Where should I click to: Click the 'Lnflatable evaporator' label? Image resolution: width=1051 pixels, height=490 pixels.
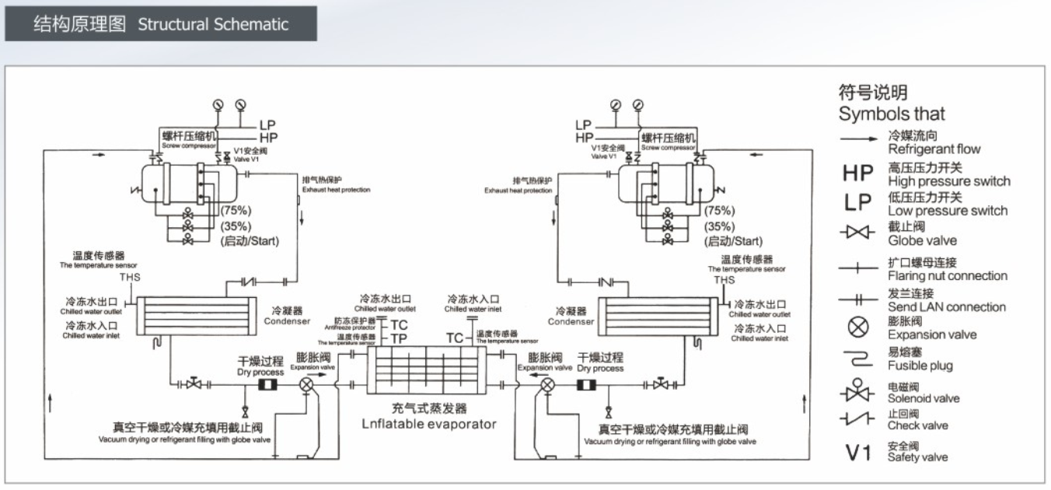[428, 424]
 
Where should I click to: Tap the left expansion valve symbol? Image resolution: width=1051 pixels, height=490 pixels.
[306, 384]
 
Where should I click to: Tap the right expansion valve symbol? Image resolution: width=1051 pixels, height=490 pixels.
[548, 384]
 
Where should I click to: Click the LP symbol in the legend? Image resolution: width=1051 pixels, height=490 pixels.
[858, 202]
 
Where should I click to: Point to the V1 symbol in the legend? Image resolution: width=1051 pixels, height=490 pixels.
[858, 452]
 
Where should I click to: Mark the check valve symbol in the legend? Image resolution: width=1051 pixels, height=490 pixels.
[857, 420]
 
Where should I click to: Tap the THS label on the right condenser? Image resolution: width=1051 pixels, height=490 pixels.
[724, 280]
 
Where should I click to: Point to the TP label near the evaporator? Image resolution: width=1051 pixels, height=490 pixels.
[398, 338]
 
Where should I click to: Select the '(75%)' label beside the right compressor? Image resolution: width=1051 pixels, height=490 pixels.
[719, 211]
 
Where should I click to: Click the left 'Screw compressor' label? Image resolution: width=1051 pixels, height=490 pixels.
[187, 146]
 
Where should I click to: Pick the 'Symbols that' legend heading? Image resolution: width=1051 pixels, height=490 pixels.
[892, 114]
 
